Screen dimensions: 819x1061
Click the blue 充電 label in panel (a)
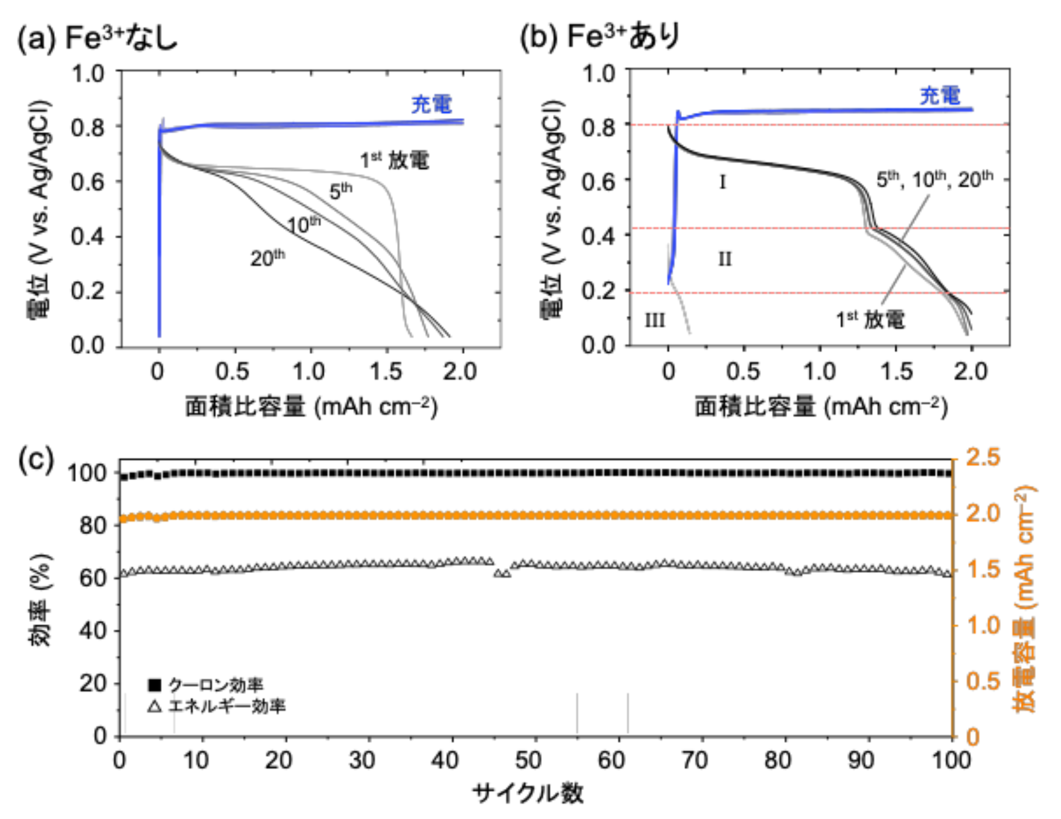point(431,104)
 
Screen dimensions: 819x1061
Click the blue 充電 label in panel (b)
point(940,96)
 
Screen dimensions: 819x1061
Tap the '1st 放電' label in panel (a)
point(395,160)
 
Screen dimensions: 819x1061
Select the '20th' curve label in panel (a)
point(267,258)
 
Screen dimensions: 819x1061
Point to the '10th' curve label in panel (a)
point(304,225)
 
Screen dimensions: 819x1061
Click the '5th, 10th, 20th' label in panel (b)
point(934,179)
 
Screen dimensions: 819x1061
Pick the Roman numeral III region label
point(655,320)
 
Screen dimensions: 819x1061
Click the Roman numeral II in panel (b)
point(724,259)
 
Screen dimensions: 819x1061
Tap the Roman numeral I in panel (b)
point(722,182)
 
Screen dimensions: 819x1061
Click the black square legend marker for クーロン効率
point(155,685)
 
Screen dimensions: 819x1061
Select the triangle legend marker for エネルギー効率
point(155,706)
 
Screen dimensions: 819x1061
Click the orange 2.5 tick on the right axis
point(983,457)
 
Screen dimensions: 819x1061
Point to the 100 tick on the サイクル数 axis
point(951,760)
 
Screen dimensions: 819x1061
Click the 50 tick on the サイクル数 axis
point(528,760)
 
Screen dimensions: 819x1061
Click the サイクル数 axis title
point(528,793)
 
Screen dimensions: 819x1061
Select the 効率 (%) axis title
point(41,600)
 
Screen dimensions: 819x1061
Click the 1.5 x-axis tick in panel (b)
point(896,372)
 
